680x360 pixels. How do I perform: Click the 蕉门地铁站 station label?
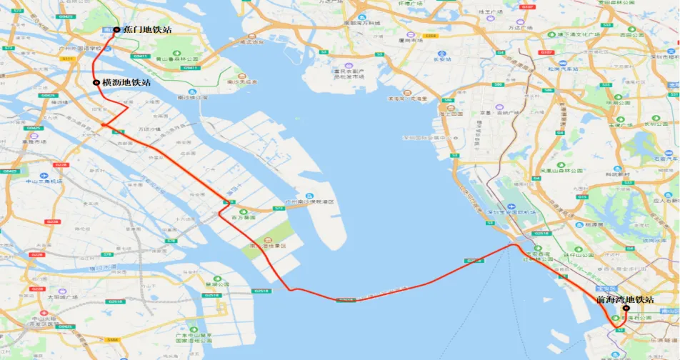coord(147,29)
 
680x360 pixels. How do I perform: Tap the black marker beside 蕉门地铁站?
coord(116,30)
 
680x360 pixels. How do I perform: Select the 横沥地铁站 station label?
coord(126,83)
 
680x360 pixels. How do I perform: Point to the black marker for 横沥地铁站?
coord(96,83)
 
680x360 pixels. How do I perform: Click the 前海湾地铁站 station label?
coord(625,299)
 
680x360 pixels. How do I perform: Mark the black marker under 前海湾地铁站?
coord(626,308)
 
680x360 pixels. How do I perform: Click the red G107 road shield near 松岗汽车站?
coord(546,52)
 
